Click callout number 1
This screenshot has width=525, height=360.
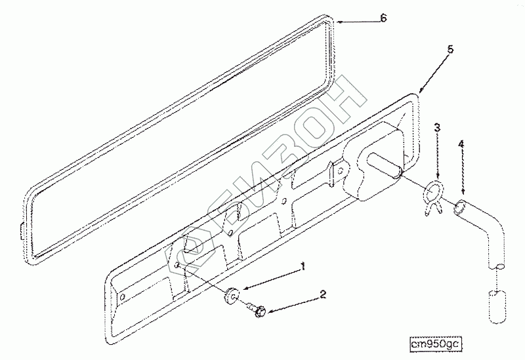click(303, 267)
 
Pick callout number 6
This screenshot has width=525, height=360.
click(382, 18)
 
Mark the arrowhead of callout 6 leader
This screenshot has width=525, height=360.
click(339, 22)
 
